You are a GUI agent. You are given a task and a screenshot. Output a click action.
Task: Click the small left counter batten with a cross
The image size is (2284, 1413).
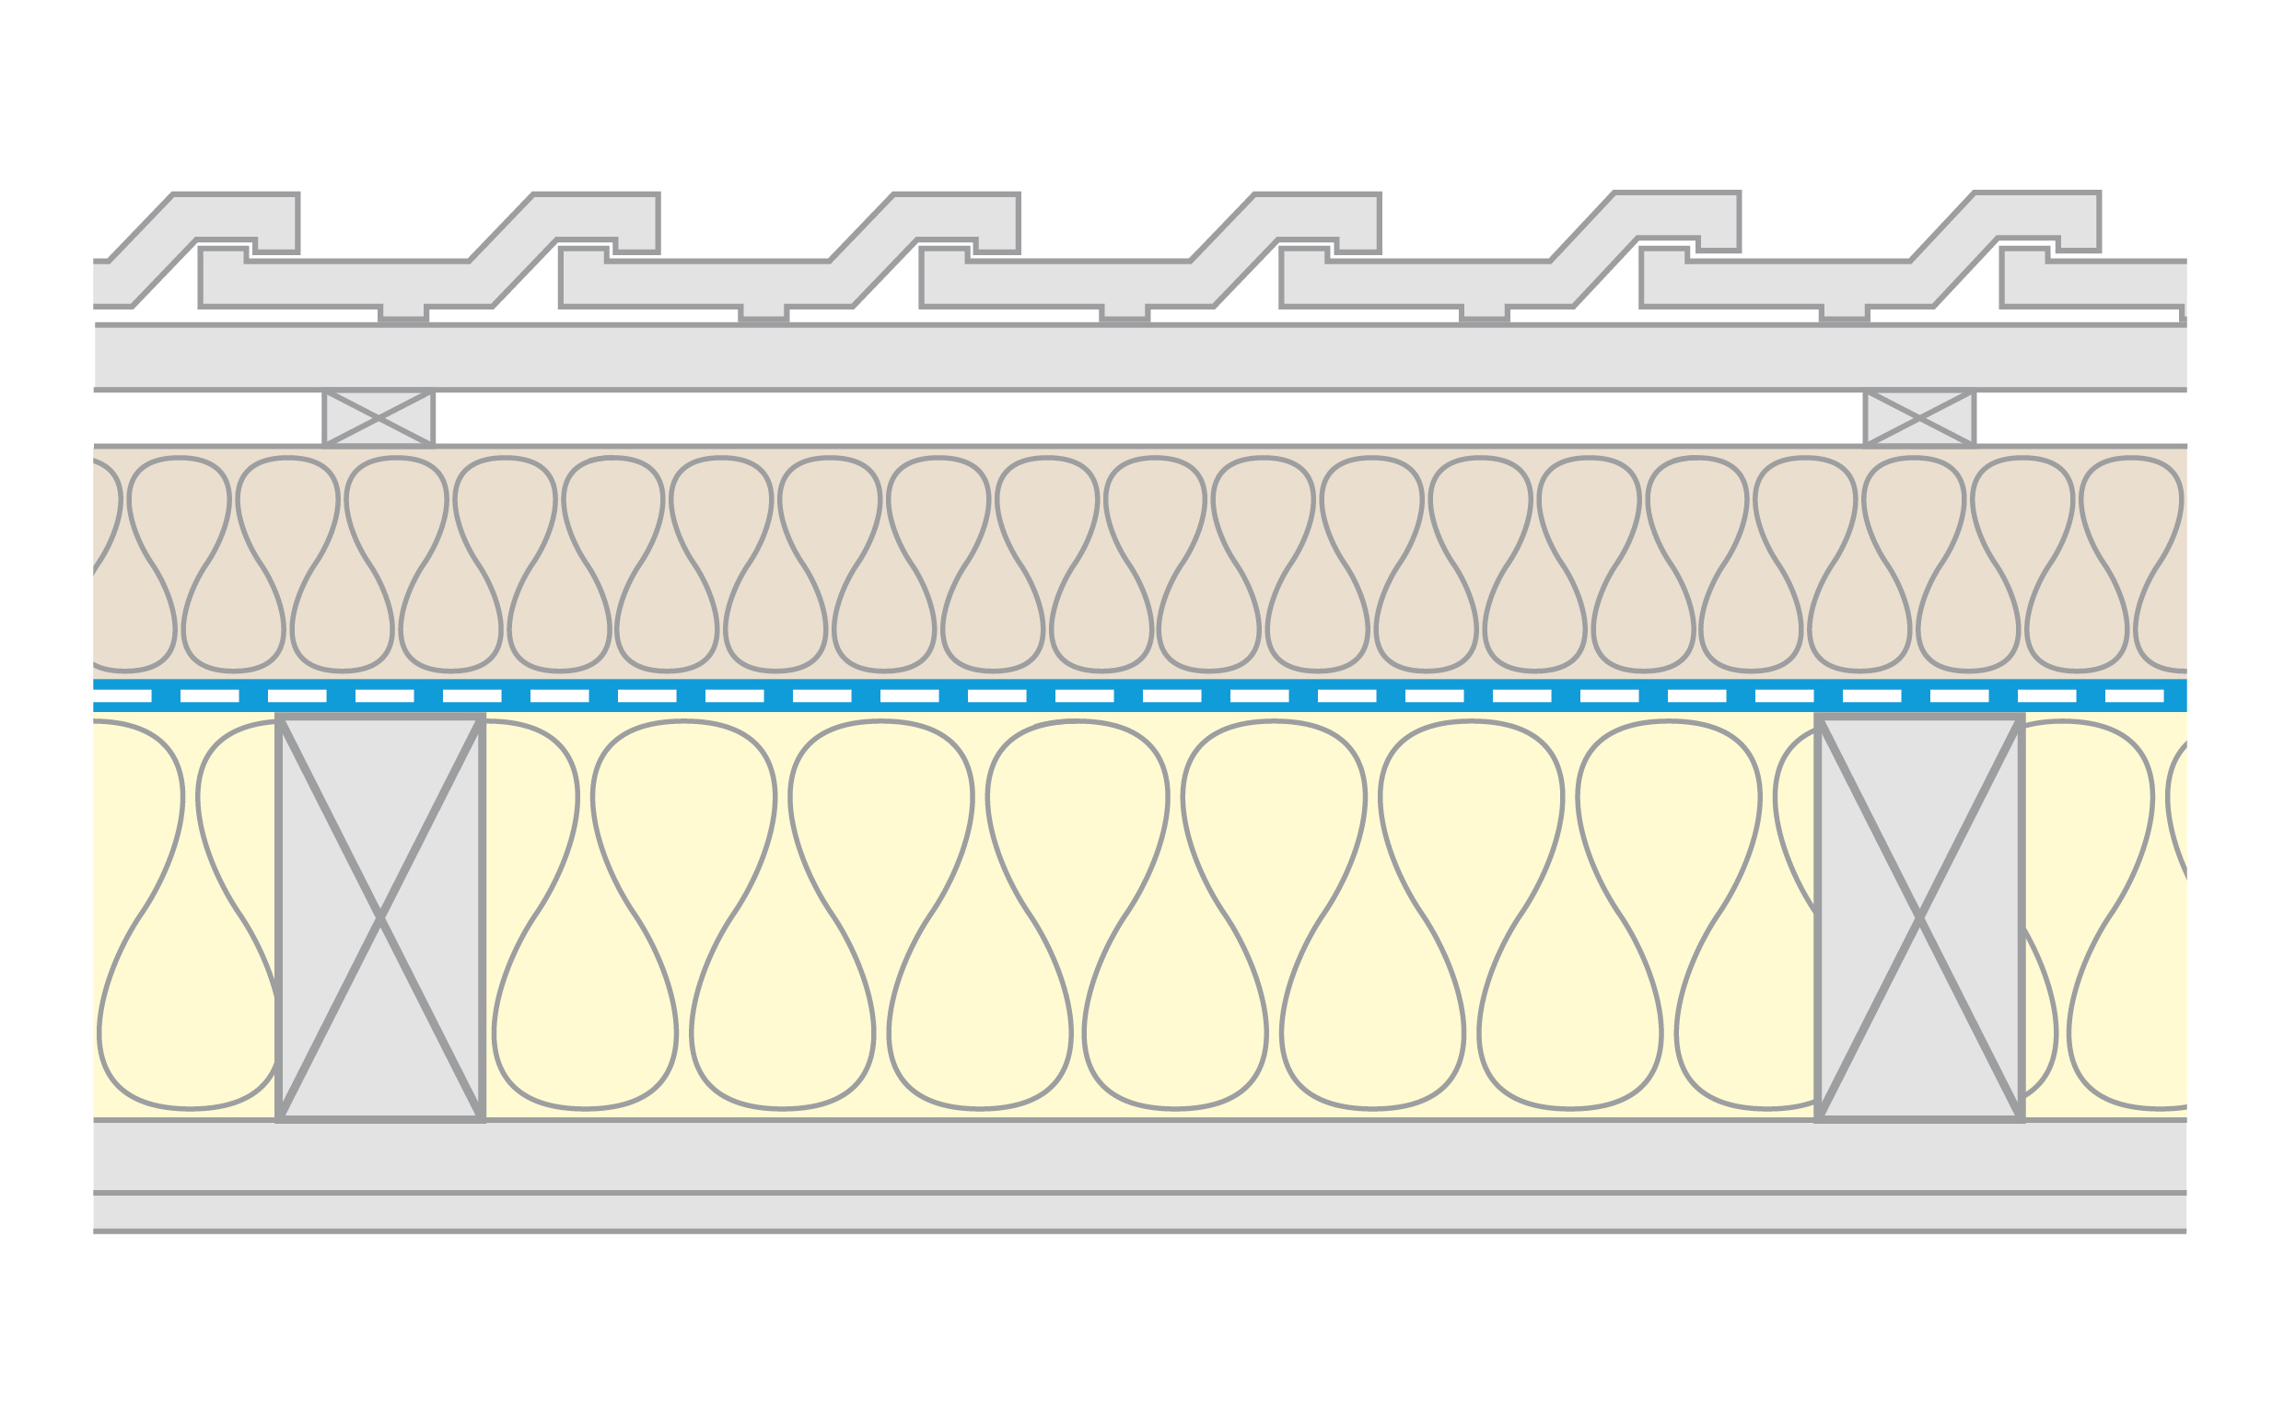(379, 418)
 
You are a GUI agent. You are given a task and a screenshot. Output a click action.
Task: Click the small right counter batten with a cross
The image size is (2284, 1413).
(1918, 418)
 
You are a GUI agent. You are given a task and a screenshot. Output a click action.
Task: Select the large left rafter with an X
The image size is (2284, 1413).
(380, 918)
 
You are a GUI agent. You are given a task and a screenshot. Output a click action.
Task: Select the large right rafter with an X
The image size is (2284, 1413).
(1919, 918)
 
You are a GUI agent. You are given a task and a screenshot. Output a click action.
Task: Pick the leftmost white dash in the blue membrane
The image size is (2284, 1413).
(122, 696)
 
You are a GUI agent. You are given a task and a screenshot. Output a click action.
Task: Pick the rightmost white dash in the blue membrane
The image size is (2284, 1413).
(2135, 696)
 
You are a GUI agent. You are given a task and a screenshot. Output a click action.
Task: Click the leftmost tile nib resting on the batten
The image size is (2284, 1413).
(403, 314)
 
